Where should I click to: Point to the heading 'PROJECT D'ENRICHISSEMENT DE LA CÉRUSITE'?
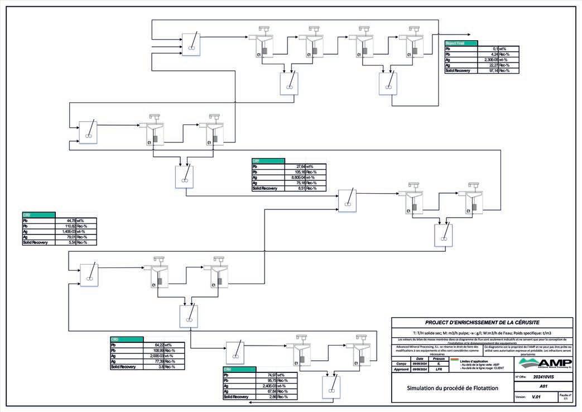(482, 323)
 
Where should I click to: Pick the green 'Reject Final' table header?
(461, 43)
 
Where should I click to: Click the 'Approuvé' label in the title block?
(401, 370)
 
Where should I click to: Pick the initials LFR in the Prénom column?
(439, 370)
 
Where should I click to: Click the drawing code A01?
(542, 386)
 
